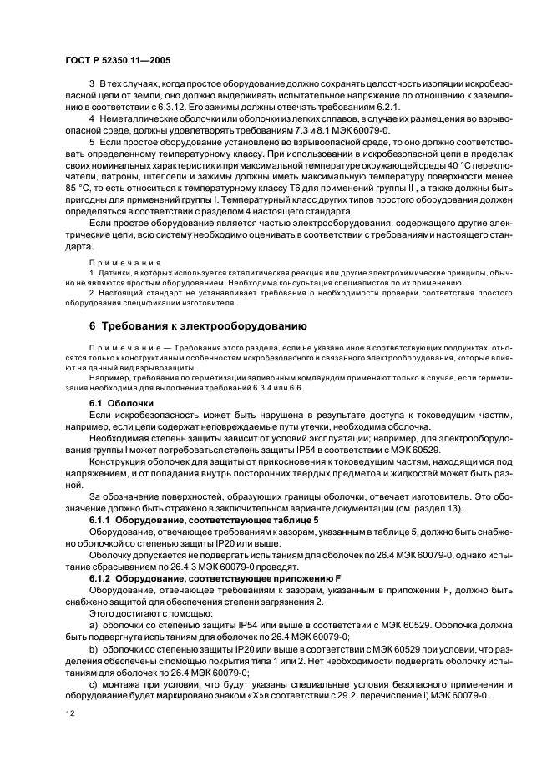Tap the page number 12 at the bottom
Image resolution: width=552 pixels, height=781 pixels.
[70, 713]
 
